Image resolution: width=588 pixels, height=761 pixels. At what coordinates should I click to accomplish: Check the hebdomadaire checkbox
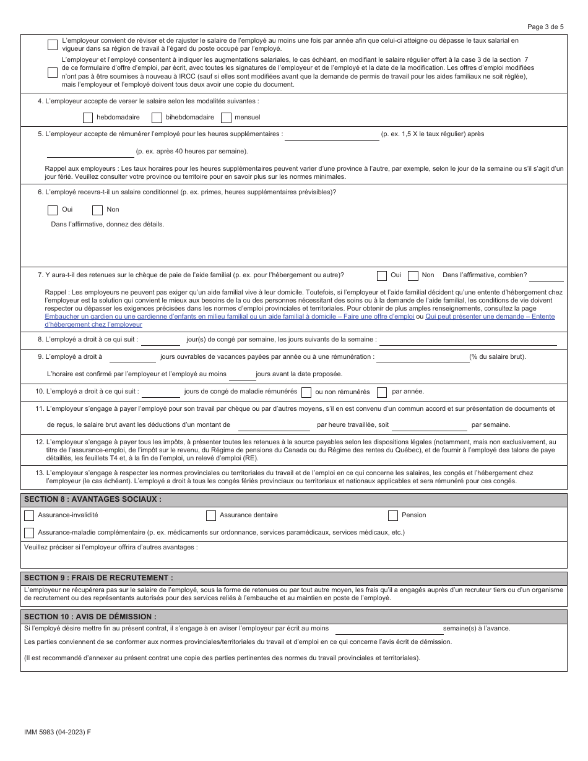coord(87,118)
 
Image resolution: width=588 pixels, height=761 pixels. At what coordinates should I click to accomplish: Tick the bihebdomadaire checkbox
coord(157,118)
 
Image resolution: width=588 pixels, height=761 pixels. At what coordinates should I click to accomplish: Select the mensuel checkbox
coord(226,118)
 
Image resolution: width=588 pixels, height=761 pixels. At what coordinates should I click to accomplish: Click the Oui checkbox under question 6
coord(53,210)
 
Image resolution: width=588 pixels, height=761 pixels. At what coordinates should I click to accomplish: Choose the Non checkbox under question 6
coord(97,210)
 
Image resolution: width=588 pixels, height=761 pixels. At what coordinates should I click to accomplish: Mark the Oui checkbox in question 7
coord(382,275)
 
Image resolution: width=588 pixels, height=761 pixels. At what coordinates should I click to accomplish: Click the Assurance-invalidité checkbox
coord(29,515)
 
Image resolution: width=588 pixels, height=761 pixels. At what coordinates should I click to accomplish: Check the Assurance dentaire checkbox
coord(211,515)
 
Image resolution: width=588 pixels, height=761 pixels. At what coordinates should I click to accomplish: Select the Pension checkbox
coord(393,515)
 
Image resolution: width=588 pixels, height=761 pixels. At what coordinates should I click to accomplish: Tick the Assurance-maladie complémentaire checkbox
coord(29,533)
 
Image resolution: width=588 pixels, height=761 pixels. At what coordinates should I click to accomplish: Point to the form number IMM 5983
coord(56,731)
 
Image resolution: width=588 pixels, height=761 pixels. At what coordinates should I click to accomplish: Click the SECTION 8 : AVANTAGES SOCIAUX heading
coord(93,499)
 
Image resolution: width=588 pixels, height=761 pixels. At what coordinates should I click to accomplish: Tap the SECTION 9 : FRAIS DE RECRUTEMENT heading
coord(98,577)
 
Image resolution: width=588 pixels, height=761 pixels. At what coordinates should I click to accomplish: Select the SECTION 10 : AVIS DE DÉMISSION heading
coord(90,617)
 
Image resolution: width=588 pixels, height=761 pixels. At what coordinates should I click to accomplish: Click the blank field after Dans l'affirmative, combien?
coord(546,276)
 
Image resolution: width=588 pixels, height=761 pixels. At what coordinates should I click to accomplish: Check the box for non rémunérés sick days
coord(382,392)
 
